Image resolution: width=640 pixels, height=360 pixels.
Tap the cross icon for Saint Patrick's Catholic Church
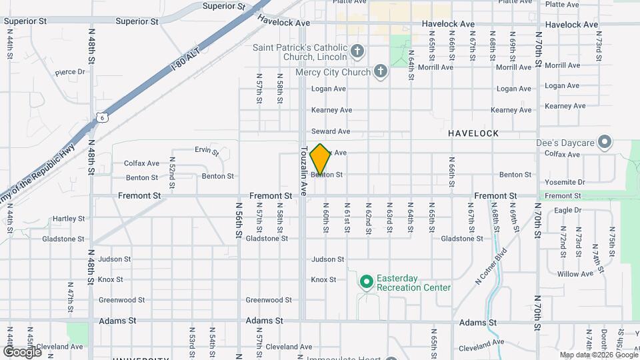point(357,51)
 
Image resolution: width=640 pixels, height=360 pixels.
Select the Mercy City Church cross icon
point(380,71)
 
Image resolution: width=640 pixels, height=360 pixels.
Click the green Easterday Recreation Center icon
point(365,283)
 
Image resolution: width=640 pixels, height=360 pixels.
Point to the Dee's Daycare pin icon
point(604,142)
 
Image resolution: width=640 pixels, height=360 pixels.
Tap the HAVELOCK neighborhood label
point(473,133)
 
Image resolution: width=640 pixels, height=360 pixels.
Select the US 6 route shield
point(101,117)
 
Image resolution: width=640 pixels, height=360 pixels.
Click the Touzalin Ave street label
point(303,171)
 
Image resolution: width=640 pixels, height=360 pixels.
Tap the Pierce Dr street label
point(70,72)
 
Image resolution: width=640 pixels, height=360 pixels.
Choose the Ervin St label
point(206,149)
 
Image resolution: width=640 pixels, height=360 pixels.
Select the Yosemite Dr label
point(565,182)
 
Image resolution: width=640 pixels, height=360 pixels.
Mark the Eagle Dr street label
point(568,210)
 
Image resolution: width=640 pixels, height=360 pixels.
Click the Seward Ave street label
point(330,131)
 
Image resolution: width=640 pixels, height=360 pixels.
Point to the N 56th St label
point(237,221)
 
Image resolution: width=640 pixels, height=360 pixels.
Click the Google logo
point(22,351)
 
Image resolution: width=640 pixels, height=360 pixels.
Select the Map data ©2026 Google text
point(598,355)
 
